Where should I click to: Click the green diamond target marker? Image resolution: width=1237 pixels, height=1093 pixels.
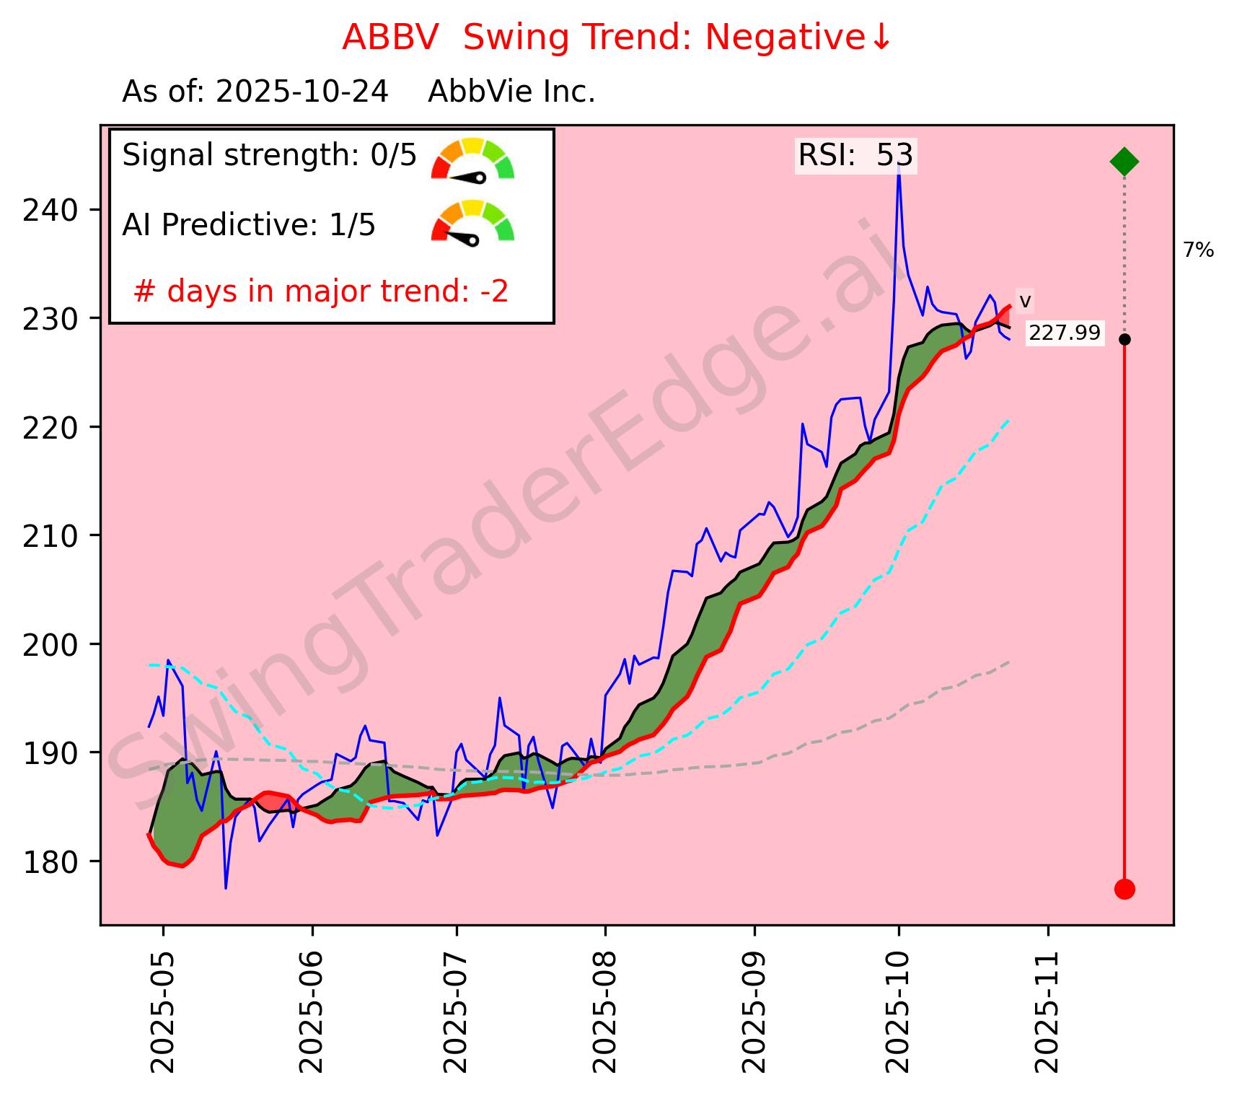1124,162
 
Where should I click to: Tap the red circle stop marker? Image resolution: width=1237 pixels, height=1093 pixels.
1124,889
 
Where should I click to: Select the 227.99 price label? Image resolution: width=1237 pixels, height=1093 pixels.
1065,333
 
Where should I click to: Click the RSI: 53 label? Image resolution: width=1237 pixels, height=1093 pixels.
855,155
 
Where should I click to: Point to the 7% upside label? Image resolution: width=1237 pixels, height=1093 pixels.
1198,250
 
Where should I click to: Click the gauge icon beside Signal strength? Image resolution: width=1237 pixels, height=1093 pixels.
472,159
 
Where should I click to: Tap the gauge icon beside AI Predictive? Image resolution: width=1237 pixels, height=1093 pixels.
472,222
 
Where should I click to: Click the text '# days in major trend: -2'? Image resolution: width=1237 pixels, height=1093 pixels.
321,291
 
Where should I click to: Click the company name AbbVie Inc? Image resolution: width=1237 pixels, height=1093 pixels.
511,92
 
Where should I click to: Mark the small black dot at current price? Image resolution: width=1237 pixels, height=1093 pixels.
1124,339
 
